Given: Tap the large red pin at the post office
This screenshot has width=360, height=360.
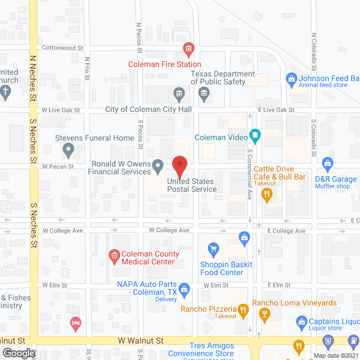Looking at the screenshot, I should click(179, 165).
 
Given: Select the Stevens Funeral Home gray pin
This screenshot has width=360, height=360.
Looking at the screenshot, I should click(69, 150).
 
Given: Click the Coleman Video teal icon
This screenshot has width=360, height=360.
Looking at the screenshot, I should click(255, 135).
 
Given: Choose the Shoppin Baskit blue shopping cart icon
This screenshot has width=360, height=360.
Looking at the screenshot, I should click(213, 248).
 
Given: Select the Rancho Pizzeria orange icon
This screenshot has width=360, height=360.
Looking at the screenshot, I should click(243, 309).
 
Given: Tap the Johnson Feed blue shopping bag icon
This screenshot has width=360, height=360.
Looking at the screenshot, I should click(291, 79).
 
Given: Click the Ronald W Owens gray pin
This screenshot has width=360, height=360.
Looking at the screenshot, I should click(159, 166).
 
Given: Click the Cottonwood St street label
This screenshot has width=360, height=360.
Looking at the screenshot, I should click(62, 48).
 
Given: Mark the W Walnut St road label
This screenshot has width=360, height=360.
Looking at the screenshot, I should click(140, 340).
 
